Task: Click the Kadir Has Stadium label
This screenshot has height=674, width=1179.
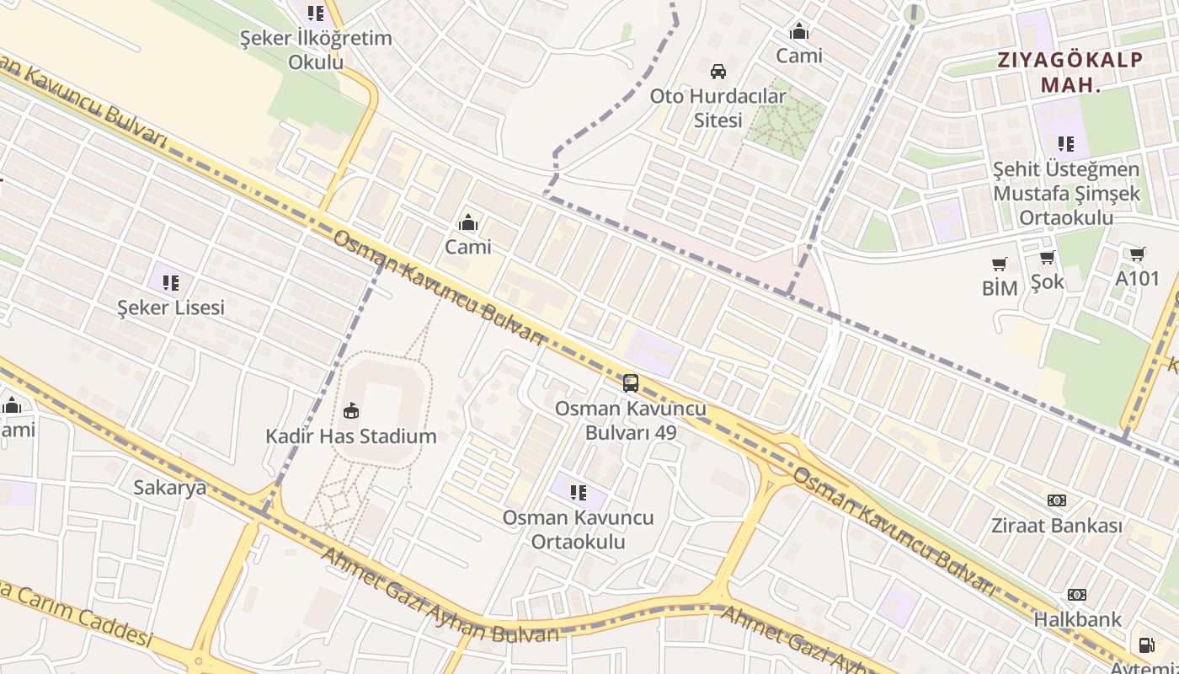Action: [x=351, y=436]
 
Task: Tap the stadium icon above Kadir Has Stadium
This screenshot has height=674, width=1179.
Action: [x=351, y=411]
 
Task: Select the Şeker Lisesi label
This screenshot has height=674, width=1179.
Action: [x=171, y=308]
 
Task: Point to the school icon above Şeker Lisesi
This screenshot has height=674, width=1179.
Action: [x=171, y=282]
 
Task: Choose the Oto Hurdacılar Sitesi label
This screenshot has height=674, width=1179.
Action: [x=718, y=108]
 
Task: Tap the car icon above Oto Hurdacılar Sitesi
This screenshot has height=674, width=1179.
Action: [x=718, y=71]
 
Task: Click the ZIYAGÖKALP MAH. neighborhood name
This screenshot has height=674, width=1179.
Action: [x=1070, y=72]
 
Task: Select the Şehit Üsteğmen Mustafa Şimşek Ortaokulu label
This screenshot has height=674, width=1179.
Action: [x=1066, y=194]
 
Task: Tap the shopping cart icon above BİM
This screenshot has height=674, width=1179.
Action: [x=1000, y=264]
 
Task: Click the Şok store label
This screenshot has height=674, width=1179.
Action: [x=1047, y=281]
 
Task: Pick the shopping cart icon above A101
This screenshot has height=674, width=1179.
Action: [x=1137, y=254]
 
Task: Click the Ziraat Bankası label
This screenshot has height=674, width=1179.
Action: [x=1056, y=526]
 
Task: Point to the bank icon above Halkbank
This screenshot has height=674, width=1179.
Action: [x=1077, y=595]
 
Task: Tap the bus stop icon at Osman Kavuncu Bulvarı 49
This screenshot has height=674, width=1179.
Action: [x=630, y=383]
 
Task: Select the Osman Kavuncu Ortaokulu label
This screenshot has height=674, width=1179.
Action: [x=578, y=529]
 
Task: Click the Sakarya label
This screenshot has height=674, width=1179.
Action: [x=170, y=487]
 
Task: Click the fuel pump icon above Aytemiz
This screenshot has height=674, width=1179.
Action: [x=1146, y=645]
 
